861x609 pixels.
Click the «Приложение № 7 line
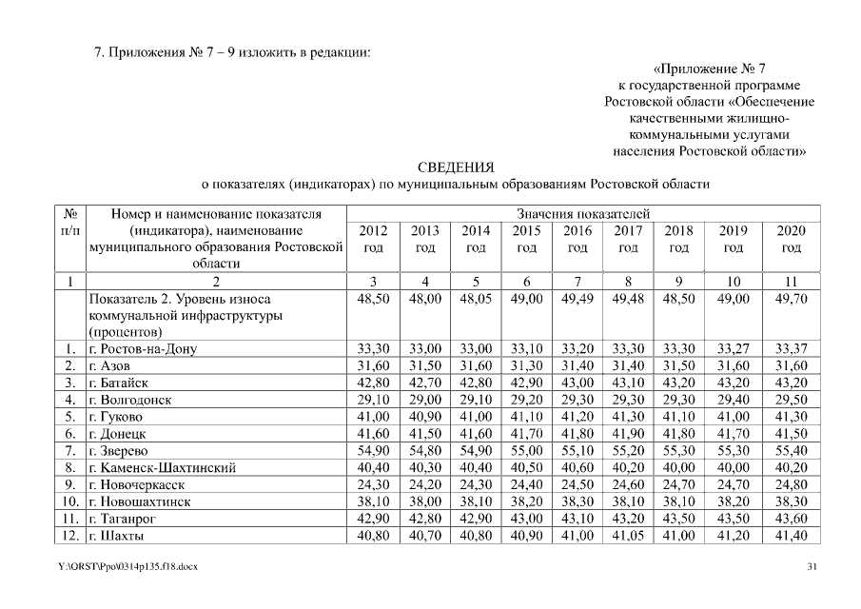(710, 69)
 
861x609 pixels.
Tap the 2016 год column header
(577, 239)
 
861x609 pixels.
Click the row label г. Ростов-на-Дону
(142, 349)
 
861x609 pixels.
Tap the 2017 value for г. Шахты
(627, 536)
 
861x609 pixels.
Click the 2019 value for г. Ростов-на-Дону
(732, 349)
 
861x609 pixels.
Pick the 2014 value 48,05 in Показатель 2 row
(475, 299)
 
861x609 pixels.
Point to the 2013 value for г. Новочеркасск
(424, 485)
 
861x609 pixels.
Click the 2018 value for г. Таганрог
(678, 519)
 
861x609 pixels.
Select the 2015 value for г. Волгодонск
(526, 401)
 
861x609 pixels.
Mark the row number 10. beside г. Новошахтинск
(69, 502)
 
